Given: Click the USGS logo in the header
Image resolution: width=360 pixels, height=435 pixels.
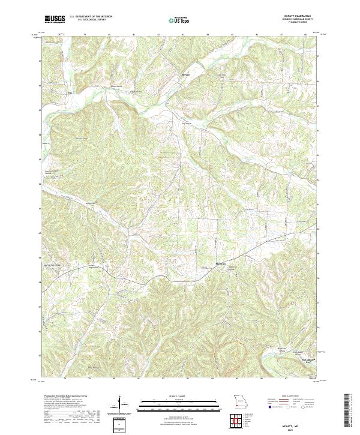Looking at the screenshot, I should tap(55, 20).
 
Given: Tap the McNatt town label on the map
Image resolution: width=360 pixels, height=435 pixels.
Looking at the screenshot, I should tap(186, 74).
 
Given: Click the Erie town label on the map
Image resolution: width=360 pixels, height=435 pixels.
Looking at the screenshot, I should tap(69, 93).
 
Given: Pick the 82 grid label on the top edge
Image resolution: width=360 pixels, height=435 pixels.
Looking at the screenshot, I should tap(158, 35).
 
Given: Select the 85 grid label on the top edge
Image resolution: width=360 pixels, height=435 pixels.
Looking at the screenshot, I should tap(232, 35).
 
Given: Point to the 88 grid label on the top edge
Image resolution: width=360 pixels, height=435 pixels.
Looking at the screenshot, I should tap(305, 35).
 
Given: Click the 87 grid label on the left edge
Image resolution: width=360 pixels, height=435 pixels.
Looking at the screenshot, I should tap(41, 61).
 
